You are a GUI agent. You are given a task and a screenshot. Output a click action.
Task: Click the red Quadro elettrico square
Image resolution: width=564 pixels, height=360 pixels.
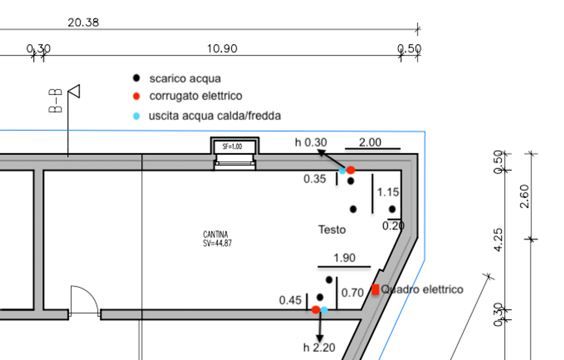pyautogui.click(x=375, y=290)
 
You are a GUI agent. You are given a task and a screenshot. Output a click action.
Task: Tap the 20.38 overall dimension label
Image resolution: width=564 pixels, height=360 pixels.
pyautogui.click(x=83, y=23)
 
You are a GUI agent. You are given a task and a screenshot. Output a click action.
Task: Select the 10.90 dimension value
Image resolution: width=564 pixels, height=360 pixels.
pyautogui.click(x=222, y=49)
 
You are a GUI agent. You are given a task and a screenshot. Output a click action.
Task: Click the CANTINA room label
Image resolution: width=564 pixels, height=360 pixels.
pyautogui.click(x=215, y=234)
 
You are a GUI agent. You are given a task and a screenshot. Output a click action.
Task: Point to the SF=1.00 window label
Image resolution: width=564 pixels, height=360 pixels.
pyautogui.click(x=232, y=146)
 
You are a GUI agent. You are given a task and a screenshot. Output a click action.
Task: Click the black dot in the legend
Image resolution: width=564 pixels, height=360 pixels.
pyautogui.click(x=136, y=78)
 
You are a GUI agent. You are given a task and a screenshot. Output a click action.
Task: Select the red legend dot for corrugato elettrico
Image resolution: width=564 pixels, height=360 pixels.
pyautogui.click(x=136, y=96)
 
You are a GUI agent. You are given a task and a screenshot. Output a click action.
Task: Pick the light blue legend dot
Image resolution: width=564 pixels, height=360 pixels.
pyautogui.click(x=136, y=116)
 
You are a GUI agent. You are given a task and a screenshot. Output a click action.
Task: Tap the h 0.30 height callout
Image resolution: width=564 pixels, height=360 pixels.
pyautogui.click(x=311, y=143)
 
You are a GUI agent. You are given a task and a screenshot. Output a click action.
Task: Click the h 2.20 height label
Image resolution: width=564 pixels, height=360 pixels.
pyautogui.click(x=319, y=348)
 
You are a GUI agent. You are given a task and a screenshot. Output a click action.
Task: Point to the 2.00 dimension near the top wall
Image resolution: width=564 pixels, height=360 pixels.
pyautogui.click(x=370, y=143)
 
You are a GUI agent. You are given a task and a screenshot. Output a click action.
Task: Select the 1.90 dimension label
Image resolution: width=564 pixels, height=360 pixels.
pyautogui.click(x=344, y=258)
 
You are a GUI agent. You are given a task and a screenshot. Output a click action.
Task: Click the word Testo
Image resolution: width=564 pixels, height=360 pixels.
pyautogui.click(x=332, y=229)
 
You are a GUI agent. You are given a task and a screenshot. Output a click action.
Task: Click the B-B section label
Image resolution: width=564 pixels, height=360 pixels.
pyautogui.click(x=55, y=101)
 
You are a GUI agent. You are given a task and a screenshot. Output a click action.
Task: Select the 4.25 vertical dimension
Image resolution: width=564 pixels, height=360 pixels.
pyautogui.click(x=498, y=240)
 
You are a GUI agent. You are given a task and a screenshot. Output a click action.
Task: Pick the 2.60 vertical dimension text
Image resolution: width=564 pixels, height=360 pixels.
pyautogui.click(x=525, y=196)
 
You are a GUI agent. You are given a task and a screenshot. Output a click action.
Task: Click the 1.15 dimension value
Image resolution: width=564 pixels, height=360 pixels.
pyautogui.click(x=388, y=192)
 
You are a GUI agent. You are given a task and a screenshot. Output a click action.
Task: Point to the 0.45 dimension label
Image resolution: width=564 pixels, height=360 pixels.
pyautogui.click(x=290, y=300)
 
